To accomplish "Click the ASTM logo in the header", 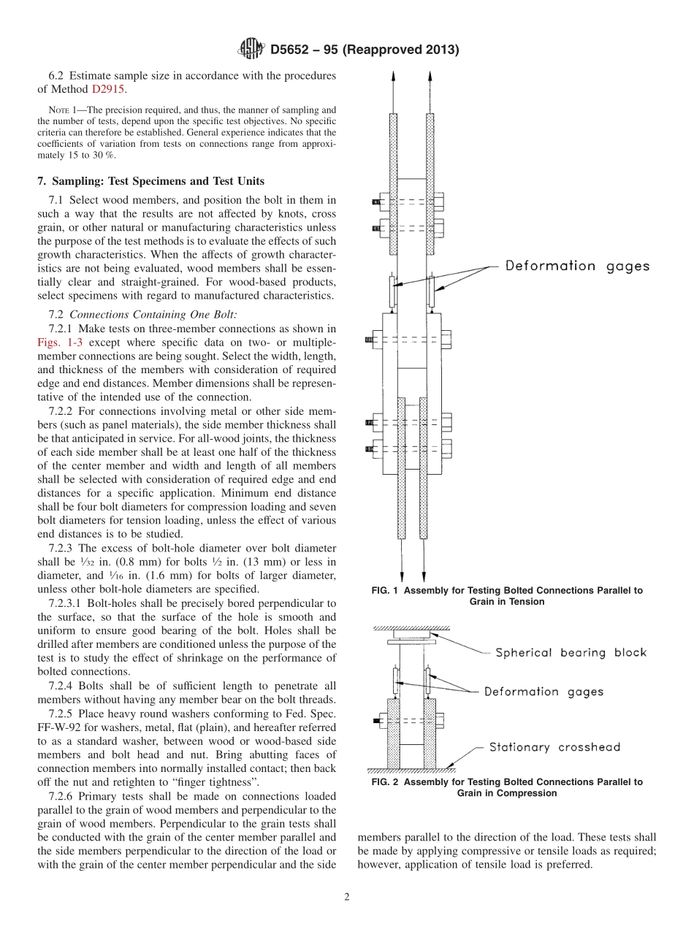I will point(251,49).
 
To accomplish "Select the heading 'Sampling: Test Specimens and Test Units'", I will point(156,181).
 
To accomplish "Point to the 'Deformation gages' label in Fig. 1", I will point(577,266).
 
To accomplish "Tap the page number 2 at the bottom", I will point(347,898).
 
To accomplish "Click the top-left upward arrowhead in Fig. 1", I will point(394,77).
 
